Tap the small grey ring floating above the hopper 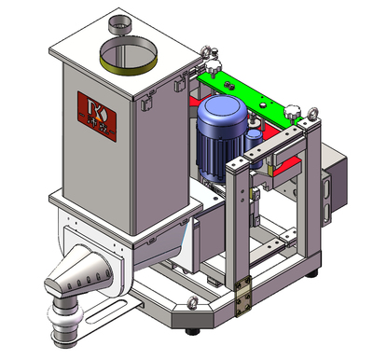point(120,21)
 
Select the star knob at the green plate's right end point(293,112)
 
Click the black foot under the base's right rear point(315,273)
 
